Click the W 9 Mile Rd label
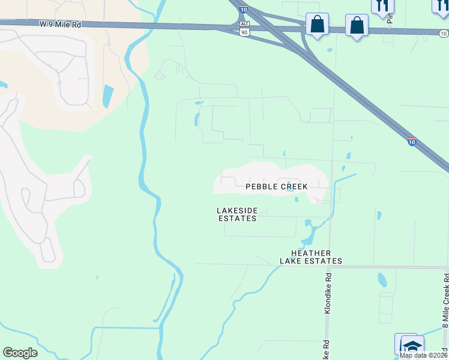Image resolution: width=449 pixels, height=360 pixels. click(61, 25)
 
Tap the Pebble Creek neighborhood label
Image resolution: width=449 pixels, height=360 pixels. click(277, 187)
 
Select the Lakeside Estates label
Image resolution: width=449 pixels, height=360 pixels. click(237, 214)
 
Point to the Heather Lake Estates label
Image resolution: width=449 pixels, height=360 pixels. click(311, 257)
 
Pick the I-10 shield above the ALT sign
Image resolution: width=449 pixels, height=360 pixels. click(243, 9)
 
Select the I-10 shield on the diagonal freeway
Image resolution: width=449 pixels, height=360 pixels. click(411, 142)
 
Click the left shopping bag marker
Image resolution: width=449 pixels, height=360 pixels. click(317, 25)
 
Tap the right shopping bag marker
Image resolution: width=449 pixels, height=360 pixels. click(357, 26)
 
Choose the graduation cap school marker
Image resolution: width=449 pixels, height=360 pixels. click(412, 346)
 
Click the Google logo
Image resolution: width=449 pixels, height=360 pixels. click(20, 353)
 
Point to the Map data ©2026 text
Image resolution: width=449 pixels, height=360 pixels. click(423, 355)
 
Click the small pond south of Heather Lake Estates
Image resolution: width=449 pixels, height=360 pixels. click(382, 280)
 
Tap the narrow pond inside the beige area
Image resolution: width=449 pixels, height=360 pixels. click(107, 96)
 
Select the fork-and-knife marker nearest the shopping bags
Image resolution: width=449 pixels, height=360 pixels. click(382, 5)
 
